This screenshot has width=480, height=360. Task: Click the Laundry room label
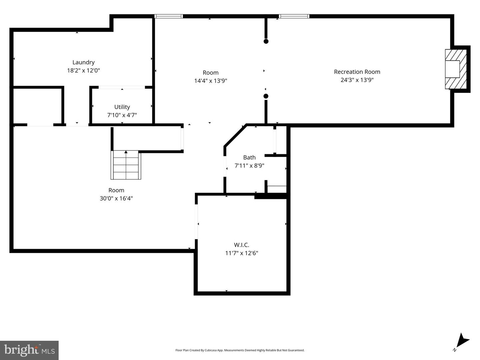click(x=84, y=63)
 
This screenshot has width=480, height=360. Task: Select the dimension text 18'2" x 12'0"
click(x=84, y=71)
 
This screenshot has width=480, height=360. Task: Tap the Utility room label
click(x=122, y=107)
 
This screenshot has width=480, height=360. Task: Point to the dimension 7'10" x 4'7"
click(x=122, y=115)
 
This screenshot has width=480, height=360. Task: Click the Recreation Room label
click(x=357, y=72)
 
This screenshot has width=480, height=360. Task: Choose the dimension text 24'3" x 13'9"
click(x=357, y=80)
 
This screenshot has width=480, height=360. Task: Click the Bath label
click(x=249, y=158)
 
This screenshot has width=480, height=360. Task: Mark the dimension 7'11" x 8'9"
click(x=249, y=166)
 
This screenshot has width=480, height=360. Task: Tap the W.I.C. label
click(x=242, y=245)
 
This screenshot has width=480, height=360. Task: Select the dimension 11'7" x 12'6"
click(x=242, y=253)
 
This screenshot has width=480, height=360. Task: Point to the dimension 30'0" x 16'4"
click(x=116, y=198)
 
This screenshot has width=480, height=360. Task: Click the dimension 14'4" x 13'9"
click(x=211, y=81)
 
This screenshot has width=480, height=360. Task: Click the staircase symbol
click(x=126, y=165)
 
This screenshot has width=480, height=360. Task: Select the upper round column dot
click(x=266, y=41)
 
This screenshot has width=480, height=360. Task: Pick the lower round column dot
click(x=266, y=96)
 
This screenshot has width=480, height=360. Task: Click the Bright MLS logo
click(x=29, y=350)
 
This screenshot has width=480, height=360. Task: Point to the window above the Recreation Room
click(x=294, y=16)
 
